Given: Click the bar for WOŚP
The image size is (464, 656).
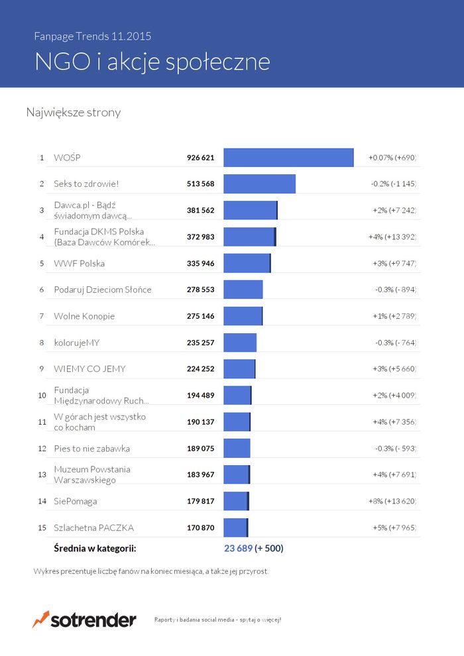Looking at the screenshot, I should (288, 158).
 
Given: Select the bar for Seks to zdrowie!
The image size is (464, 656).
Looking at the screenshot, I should (259, 184).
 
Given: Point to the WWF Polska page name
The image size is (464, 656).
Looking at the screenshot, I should (80, 263).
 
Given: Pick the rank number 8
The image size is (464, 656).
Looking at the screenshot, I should (41, 343).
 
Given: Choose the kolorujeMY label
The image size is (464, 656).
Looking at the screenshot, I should (76, 343).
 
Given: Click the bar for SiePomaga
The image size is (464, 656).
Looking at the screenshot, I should (236, 501).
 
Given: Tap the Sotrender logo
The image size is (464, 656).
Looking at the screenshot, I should (84, 620).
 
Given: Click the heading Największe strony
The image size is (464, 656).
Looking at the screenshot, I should (74, 113).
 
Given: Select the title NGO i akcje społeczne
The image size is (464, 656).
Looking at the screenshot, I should (152, 62).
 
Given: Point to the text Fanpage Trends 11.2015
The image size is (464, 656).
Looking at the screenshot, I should (97, 36).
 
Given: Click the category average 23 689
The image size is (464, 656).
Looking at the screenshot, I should (239, 549).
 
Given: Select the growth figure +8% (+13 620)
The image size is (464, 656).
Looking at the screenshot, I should (392, 501).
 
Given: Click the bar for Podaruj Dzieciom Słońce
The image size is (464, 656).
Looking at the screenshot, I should (243, 290).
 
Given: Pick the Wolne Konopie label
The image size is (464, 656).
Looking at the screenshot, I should (84, 316).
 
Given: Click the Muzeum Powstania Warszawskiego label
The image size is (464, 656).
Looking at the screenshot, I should (91, 474).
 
